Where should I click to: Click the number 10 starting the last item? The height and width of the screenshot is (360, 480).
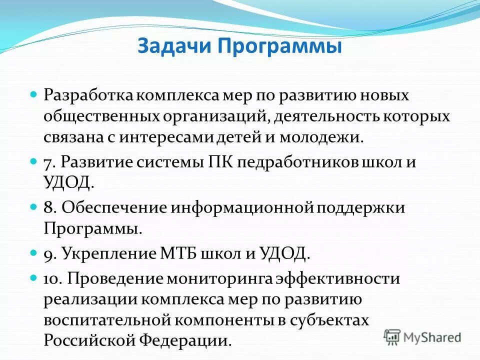click(x=52, y=278)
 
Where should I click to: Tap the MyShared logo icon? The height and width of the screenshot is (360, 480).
click(x=393, y=337)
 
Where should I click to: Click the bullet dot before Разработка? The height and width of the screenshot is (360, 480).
click(x=34, y=93)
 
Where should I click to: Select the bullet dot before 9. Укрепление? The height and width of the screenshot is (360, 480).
click(x=34, y=253)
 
